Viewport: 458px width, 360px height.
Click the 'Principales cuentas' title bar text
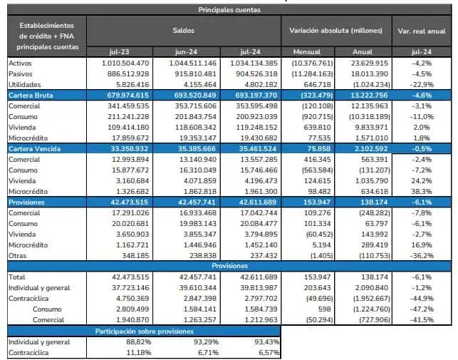(229, 10)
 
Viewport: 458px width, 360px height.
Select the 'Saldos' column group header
(184, 31)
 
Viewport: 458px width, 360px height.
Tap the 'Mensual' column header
(307, 52)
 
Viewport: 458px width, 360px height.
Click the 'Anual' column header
(363, 52)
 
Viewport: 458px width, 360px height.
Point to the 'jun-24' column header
(186, 52)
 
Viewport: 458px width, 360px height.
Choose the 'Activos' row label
(20, 63)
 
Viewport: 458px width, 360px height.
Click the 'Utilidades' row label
(25, 85)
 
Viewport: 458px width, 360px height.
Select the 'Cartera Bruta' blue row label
(31, 96)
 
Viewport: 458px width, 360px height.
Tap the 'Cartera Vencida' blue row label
(34, 149)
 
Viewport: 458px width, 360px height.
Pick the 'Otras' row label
(18, 256)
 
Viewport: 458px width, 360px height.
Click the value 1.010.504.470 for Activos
(125, 63)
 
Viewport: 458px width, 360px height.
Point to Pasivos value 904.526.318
(256, 74)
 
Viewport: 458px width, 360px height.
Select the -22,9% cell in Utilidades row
(422, 85)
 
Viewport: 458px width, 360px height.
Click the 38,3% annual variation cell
(422, 192)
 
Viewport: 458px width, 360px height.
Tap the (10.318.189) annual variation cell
(370, 117)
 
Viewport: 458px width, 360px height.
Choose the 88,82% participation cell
(138, 342)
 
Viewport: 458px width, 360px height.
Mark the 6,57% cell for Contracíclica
(269, 353)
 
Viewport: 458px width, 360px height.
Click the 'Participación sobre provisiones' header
(145, 331)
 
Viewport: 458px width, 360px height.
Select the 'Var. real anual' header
(422, 31)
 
